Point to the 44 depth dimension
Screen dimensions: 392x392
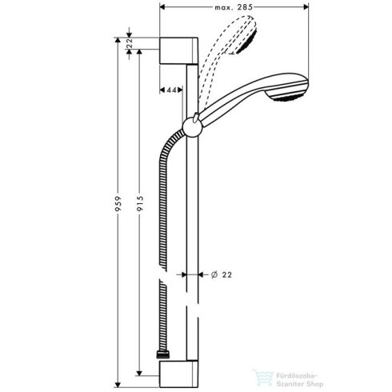coord(170,90)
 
